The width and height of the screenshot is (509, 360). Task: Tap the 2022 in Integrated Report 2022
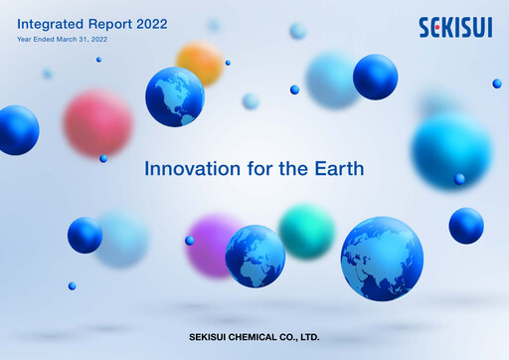[x=149, y=22]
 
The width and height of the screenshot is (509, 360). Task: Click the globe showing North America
[x=174, y=96]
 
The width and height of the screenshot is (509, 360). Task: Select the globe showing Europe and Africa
[x=254, y=256]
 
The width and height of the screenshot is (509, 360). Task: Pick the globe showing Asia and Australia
[x=382, y=259]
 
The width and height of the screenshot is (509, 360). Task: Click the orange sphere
[x=200, y=63]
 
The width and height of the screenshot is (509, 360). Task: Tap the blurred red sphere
[x=97, y=123]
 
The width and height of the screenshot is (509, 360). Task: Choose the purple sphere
[x=213, y=244]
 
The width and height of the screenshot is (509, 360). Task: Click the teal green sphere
[x=306, y=231]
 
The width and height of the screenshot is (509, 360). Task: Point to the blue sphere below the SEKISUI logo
[x=375, y=77]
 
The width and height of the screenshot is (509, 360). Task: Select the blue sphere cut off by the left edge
[x=17, y=130]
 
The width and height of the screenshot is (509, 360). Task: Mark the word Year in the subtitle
[x=25, y=39]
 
